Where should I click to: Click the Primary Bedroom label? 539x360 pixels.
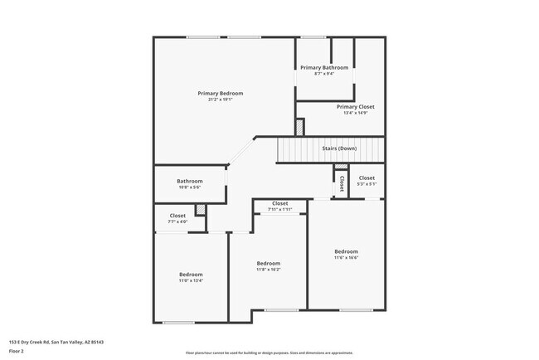[220, 93]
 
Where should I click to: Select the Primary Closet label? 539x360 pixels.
[355, 107]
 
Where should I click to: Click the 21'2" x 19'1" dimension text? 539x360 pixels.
[220, 100]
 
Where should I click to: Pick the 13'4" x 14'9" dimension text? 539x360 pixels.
[355, 114]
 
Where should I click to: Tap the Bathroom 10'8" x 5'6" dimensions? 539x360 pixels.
[190, 187]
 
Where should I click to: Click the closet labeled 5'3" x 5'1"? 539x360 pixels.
[367, 184]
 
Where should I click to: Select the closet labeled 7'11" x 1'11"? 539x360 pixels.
[280, 209]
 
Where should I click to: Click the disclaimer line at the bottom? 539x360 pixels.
[269, 353]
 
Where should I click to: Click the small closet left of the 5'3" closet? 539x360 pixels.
[341, 186]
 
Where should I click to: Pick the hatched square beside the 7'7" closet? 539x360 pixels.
[200, 221]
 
